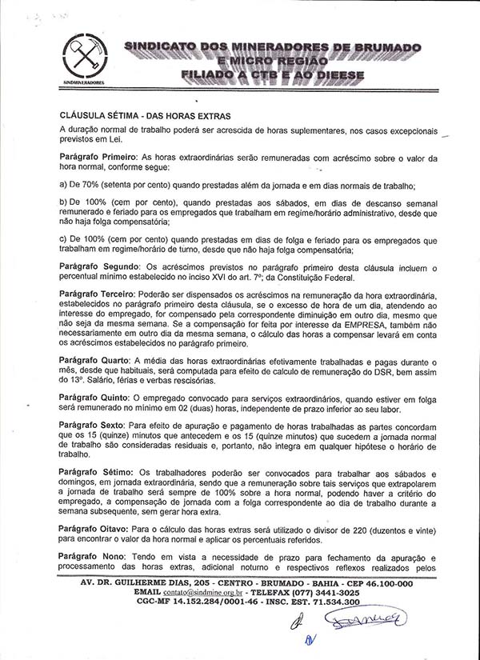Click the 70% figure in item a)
(94, 185)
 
